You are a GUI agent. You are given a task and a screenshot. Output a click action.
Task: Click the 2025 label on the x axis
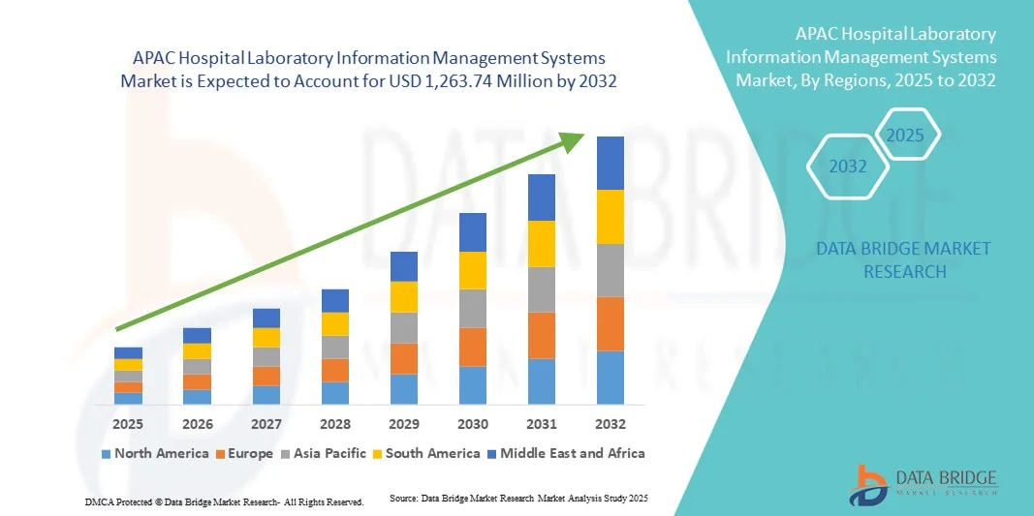point(128,424)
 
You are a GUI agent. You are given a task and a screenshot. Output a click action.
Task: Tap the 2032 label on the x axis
point(610,424)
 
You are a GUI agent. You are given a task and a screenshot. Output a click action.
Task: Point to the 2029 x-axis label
point(403,424)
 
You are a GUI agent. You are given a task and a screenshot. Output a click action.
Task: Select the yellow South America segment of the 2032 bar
point(610,217)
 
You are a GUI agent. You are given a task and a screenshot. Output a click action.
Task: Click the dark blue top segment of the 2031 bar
point(541,197)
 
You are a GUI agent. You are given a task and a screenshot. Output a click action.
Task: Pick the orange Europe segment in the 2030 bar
point(472,347)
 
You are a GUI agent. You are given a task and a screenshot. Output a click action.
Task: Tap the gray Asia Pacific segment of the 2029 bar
point(403,327)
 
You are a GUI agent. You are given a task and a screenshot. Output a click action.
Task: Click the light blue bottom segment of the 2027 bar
point(266,395)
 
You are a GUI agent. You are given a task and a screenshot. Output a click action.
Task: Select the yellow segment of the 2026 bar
point(197,351)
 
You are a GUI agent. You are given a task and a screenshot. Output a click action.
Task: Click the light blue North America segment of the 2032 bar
point(610,378)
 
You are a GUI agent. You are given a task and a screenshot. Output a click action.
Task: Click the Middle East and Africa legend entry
point(569,453)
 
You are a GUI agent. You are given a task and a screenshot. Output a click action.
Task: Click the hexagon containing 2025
point(905,135)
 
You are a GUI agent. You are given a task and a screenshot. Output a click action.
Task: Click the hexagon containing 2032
point(848,167)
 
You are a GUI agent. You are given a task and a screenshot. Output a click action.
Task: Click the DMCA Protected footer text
point(224,502)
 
